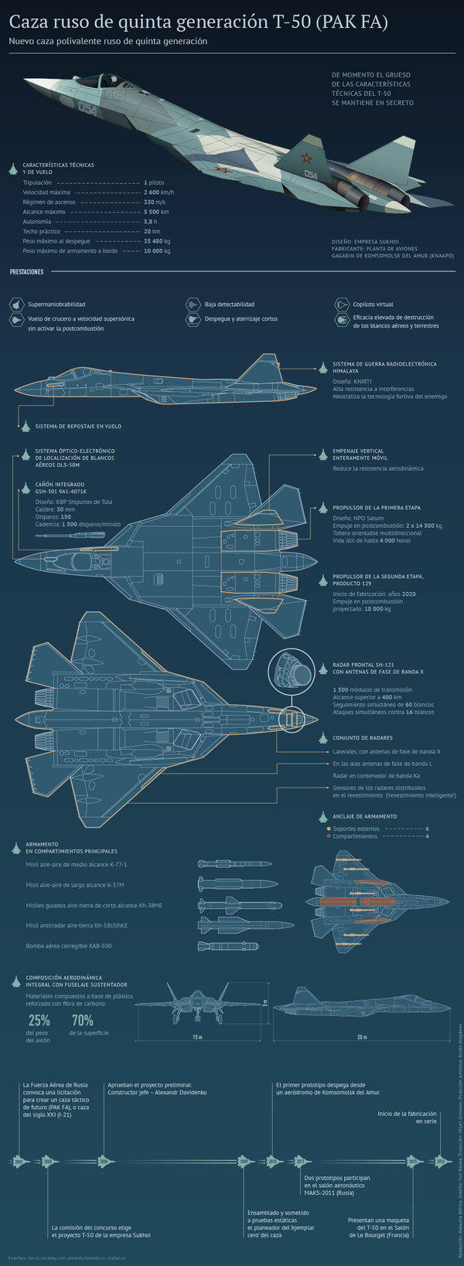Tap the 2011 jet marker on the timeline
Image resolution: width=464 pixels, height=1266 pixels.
(x=299, y=1161)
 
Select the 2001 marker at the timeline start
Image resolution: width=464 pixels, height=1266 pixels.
(x=19, y=1161)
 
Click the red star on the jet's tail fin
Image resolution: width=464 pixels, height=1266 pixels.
(x=305, y=159)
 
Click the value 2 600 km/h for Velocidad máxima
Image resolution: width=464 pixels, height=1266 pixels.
(x=159, y=192)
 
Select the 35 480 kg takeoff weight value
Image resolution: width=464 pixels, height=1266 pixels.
(x=157, y=241)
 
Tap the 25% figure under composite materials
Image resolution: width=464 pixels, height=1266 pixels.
(x=39, y=1020)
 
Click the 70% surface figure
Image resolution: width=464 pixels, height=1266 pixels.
(x=83, y=1020)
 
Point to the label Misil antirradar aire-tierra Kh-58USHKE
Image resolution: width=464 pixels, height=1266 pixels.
(x=77, y=925)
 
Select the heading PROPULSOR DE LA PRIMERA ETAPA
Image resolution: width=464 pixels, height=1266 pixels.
(x=376, y=508)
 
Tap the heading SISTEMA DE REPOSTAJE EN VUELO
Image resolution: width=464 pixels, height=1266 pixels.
(x=78, y=426)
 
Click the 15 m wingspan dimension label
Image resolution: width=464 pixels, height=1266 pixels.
(x=197, y=1037)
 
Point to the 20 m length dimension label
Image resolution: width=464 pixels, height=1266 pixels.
(x=361, y=1037)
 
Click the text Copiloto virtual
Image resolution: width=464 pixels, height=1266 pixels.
(x=373, y=305)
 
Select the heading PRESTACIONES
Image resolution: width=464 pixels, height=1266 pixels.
(x=27, y=272)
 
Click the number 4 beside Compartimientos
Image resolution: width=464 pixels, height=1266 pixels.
(x=427, y=836)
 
